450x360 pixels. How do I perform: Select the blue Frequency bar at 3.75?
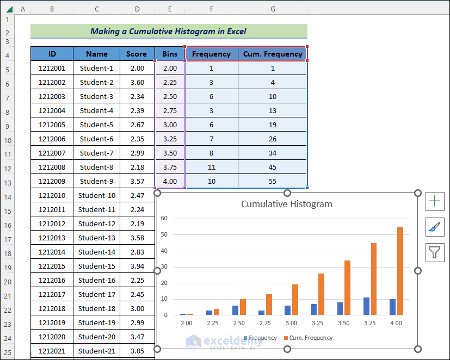tap(366, 306)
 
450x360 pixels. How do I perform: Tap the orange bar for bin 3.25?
tap(321, 294)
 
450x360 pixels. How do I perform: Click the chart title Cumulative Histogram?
tap(286, 204)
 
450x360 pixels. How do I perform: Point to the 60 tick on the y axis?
tap(164, 219)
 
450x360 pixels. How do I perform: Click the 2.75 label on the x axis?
tap(266, 323)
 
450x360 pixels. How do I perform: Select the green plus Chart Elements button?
tap(435, 201)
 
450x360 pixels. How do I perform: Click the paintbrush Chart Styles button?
tap(435, 227)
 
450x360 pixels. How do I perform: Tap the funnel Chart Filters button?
tap(435, 252)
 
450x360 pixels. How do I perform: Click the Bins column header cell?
tap(170, 54)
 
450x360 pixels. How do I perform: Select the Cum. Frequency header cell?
tap(273, 54)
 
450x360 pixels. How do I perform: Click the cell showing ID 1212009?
tap(52, 181)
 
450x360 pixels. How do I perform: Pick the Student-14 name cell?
tap(96, 252)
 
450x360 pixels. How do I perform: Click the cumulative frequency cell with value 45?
tap(273, 167)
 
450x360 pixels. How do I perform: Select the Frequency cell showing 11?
tap(211, 167)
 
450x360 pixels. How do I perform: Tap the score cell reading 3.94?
tap(137, 266)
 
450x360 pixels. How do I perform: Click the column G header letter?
tap(273, 9)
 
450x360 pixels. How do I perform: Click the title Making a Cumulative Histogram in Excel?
tap(168, 32)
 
